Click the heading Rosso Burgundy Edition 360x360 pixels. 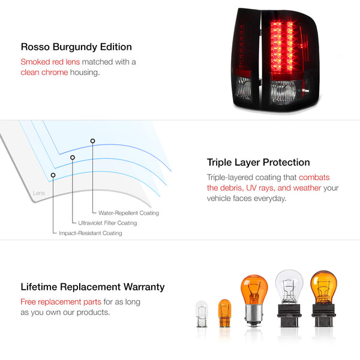click(x=76, y=47)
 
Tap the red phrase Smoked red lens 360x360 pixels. click(x=50, y=62)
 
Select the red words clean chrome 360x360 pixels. click(x=44, y=73)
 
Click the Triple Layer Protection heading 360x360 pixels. click(x=258, y=163)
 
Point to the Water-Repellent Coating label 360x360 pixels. click(x=128, y=213)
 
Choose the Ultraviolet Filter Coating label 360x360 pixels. click(x=107, y=223)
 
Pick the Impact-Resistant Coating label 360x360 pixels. click(x=91, y=233)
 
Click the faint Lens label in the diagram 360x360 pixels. click(x=39, y=193)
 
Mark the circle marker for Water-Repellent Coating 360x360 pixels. click(x=92, y=141)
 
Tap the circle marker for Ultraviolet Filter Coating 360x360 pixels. click(x=73, y=157)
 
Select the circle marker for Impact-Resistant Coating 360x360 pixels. click(x=53, y=175)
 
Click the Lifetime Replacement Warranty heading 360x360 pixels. click(x=92, y=287)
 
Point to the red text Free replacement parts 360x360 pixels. click(x=61, y=302)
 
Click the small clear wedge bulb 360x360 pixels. click(x=202, y=314)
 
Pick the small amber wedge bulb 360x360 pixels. click(x=224, y=313)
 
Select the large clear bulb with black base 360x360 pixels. click(x=289, y=298)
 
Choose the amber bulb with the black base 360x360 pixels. click(x=323, y=299)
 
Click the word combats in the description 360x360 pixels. click(x=314, y=177)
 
